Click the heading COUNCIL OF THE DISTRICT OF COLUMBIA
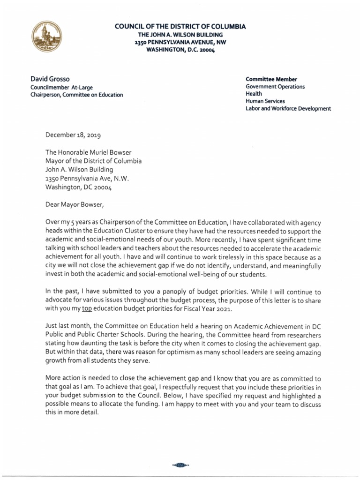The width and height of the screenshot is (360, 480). point(180,27)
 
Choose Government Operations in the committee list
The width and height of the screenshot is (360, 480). point(275,87)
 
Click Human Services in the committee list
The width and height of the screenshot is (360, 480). point(265,101)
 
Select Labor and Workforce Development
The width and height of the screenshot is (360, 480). point(288,109)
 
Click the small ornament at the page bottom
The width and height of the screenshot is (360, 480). point(180,465)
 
